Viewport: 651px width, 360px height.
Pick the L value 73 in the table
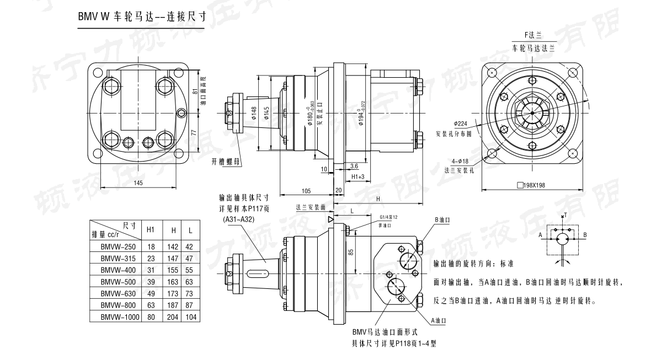pos(190,294)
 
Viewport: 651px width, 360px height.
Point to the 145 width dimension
pos(137,183)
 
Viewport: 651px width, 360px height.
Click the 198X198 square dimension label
pos(531,185)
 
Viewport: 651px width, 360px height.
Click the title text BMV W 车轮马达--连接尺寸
pos(141,17)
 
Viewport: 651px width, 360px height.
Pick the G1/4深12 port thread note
pos(389,217)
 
